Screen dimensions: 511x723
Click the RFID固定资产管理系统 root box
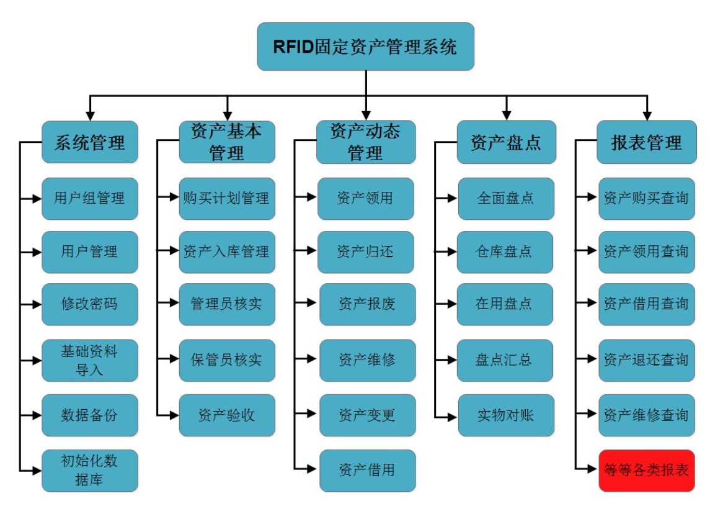coord(365,47)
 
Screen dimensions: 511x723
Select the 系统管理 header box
coord(90,142)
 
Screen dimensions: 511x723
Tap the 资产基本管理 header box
coord(227,142)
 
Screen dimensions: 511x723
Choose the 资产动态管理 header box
coord(365,142)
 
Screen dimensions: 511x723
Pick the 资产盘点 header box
coord(507,142)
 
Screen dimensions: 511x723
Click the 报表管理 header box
coord(646,142)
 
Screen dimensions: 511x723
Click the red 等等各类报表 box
coord(646,471)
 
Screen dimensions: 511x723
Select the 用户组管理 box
coord(90,199)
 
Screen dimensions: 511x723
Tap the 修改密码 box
coord(90,304)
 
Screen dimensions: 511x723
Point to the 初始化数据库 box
coord(90,471)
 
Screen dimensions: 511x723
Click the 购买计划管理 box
coord(227,199)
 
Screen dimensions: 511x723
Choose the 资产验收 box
coord(227,415)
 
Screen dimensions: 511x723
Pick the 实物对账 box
coord(506,415)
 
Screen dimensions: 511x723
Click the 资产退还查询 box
coord(646,360)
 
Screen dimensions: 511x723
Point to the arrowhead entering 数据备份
coord(37,415)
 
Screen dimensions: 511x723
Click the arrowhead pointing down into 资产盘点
coord(507,116)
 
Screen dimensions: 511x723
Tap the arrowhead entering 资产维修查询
coord(594,415)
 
